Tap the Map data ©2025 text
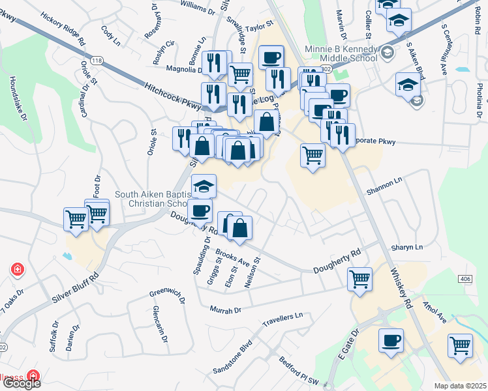[x=461, y=386]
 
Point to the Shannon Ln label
[x=385, y=186]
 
